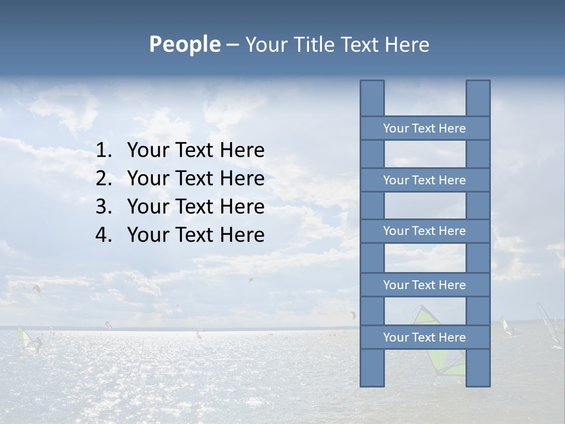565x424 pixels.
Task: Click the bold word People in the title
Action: (x=184, y=45)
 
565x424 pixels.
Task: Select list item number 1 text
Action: (x=195, y=151)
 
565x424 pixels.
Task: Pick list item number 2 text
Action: (x=195, y=178)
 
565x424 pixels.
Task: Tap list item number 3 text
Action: (x=195, y=207)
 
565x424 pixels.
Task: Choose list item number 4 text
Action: (x=195, y=235)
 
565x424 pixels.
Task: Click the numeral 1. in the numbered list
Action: (x=104, y=151)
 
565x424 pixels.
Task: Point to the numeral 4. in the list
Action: (x=104, y=235)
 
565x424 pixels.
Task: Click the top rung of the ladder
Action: (x=424, y=128)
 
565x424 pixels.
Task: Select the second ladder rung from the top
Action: (x=424, y=180)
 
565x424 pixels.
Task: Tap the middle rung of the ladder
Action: (x=424, y=231)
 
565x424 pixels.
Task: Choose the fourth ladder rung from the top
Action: (x=424, y=285)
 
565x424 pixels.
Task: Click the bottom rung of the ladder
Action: (x=424, y=337)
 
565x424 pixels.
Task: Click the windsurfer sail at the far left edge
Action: (x=24, y=340)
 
